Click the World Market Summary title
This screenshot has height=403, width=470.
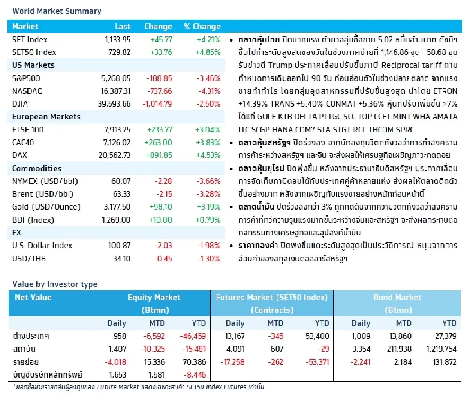point(57,11)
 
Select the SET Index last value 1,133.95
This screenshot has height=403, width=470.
point(117,40)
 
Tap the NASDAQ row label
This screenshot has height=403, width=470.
point(27,91)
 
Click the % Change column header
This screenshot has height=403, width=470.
point(202,27)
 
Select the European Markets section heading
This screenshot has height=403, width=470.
point(46,117)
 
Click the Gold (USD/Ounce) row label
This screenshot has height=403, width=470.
point(46,207)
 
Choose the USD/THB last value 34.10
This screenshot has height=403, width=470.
point(121,258)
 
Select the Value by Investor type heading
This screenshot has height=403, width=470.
point(55,284)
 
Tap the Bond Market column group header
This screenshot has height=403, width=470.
point(397,297)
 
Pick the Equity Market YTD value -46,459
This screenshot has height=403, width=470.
point(193,336)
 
